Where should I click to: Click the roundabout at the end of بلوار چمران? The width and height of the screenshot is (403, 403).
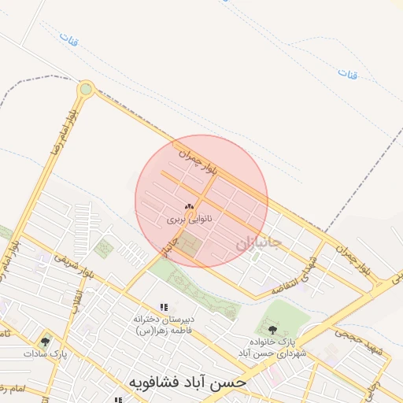[x=86, y=90]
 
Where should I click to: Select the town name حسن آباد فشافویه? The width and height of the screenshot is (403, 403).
[x=188, y=382]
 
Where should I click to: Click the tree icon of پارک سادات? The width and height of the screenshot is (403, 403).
[x=45, y=342]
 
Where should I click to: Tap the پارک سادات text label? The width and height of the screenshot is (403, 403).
[x=46, y=354]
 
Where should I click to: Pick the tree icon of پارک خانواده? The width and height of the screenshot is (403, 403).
[x=272, y=330]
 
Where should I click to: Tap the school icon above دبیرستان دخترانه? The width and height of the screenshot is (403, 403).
[x=164, y=306]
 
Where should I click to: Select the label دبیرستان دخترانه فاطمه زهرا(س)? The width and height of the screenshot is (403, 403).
[x=164, y=324]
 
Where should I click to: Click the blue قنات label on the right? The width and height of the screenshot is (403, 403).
[x=348, y=73]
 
